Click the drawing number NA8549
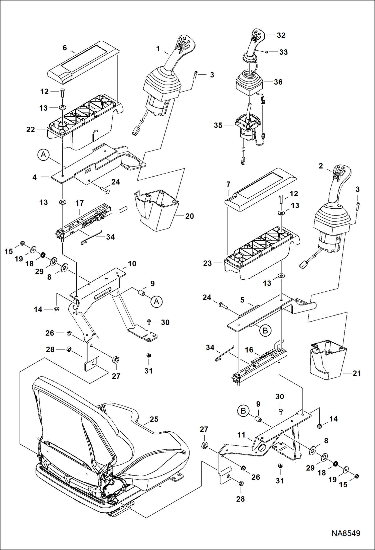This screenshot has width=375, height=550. tap(346, 533)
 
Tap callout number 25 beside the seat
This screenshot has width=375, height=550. tap(154, 419)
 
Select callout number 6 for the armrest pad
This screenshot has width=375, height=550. tap(65, 48)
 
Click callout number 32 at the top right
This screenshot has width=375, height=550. tap(281, 35)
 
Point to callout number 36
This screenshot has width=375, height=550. tap(278, 82)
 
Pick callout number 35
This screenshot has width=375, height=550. tap(218, 125)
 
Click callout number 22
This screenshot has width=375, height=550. tap(31, 129)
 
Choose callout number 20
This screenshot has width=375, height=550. tap(190, 216)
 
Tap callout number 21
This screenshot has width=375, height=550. tap(357, 373)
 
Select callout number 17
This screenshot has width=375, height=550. tap(80, 203)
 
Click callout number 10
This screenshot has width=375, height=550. tap(132, 264)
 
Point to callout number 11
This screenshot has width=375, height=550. tap(241, 435)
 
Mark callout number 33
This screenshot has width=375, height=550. tap(283, 52)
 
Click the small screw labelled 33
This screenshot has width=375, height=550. tap(267, 52)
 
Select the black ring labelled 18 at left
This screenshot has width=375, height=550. tap(43, 255)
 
